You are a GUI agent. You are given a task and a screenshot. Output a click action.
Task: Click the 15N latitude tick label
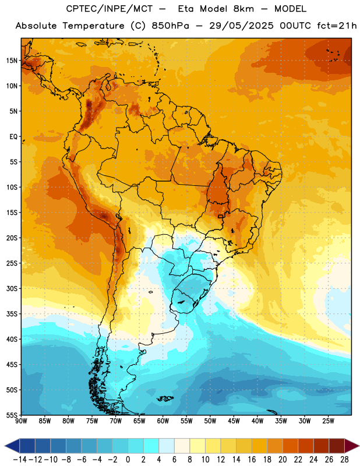click(x=12, y=61)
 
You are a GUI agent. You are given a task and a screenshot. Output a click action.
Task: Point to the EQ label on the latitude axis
click(x=13, y=137)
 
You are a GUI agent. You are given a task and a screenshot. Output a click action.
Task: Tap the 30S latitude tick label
click(x=12, y=288)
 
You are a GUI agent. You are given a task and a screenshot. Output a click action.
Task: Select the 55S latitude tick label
click(x=12, y=415)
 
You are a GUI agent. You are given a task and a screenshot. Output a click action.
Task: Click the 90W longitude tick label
click(x=21, y=421)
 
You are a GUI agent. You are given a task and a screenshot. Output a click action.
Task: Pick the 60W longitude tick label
click(x=163, y=421)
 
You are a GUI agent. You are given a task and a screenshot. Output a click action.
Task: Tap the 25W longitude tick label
click(x=328, y=421)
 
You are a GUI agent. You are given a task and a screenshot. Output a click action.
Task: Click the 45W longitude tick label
click(x=234, y=421)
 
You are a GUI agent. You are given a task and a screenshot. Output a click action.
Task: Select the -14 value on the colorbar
click(x=20, y=460)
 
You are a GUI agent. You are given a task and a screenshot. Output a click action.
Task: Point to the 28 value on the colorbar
click(x=344, y=460)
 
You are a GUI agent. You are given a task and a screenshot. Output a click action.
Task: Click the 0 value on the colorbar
click(x=128, y=460)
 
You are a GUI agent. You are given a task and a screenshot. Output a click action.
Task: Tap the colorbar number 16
click(x=252, y=460)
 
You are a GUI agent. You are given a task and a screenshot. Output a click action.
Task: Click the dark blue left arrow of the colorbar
click(x=12, y=446)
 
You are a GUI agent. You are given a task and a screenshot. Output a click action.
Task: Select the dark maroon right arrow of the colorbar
click(x=352, y=446)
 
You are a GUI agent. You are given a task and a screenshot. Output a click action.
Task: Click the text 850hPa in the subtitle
click(x=170, y=26)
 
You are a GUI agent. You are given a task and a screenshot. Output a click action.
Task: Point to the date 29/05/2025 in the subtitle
click(x=241, y=26)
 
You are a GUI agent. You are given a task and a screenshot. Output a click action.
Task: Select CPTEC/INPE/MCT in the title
click(x=110, y=9)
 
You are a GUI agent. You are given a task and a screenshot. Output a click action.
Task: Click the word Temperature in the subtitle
click(x=93, y=26)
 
